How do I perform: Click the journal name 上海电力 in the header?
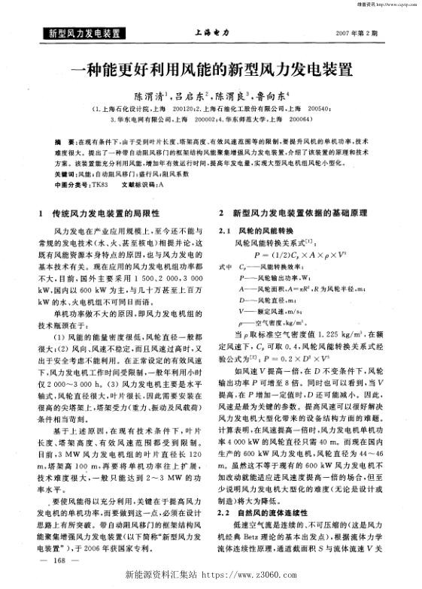tap(211, 34)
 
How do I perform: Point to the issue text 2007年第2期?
tap(362, 34)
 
